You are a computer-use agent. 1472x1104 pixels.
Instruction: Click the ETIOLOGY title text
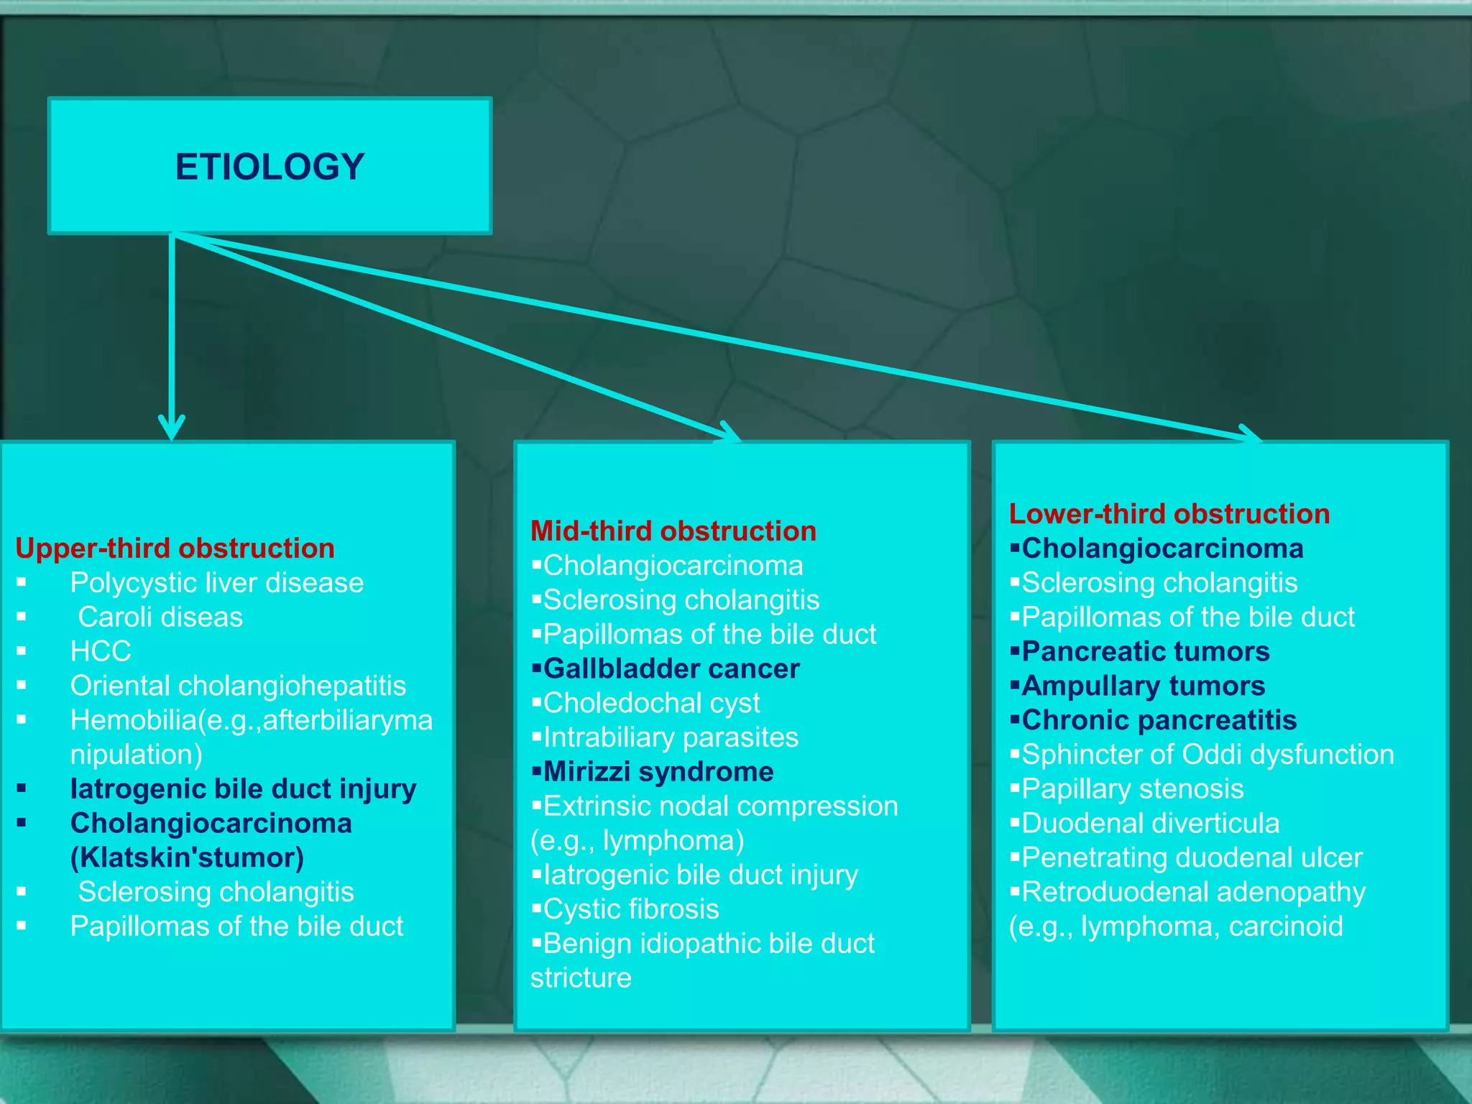270,167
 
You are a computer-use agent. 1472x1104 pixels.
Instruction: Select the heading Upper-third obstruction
175,548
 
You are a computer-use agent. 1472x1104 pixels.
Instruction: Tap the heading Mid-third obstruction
673,531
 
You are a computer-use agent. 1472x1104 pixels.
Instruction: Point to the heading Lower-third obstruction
1169,514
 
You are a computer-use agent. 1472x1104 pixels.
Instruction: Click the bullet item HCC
101,651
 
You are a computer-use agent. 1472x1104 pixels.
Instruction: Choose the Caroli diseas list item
160,617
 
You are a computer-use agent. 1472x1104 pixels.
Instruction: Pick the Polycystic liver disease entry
216,583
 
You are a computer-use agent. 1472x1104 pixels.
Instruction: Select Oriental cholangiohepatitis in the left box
238,686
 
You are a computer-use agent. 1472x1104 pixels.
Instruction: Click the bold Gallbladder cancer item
671,668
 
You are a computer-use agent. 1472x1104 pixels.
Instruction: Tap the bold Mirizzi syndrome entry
658,772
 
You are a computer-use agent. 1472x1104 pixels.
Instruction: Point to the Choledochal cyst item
651,703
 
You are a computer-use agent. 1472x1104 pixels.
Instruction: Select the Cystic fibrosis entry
630,909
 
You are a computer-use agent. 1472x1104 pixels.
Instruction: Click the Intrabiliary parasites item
670,737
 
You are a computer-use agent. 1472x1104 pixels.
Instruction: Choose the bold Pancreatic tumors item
1145,651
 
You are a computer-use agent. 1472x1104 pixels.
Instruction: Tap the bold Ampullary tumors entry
1143,686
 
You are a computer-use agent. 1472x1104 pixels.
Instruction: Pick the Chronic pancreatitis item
1159,720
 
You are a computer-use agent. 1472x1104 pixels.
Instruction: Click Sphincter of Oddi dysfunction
1207,755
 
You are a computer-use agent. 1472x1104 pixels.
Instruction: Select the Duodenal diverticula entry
1150,824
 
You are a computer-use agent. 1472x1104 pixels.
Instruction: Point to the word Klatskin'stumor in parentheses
188,857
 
